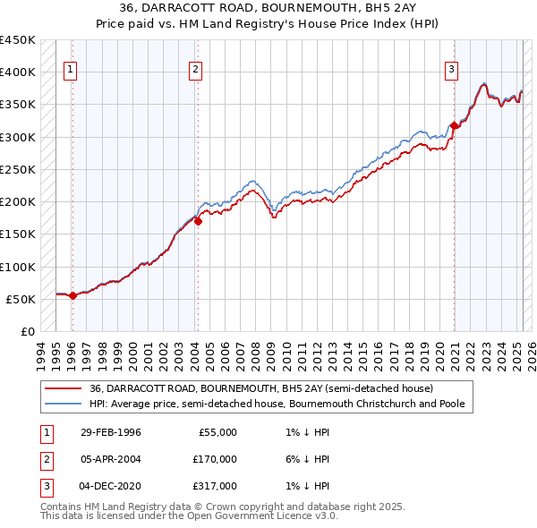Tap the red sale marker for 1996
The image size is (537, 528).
(72, 296)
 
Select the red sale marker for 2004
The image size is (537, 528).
(198, 222)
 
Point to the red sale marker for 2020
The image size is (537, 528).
(454, 126)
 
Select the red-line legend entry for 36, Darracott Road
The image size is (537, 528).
(260, 389)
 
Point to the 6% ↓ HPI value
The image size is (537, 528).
(311, 459)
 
